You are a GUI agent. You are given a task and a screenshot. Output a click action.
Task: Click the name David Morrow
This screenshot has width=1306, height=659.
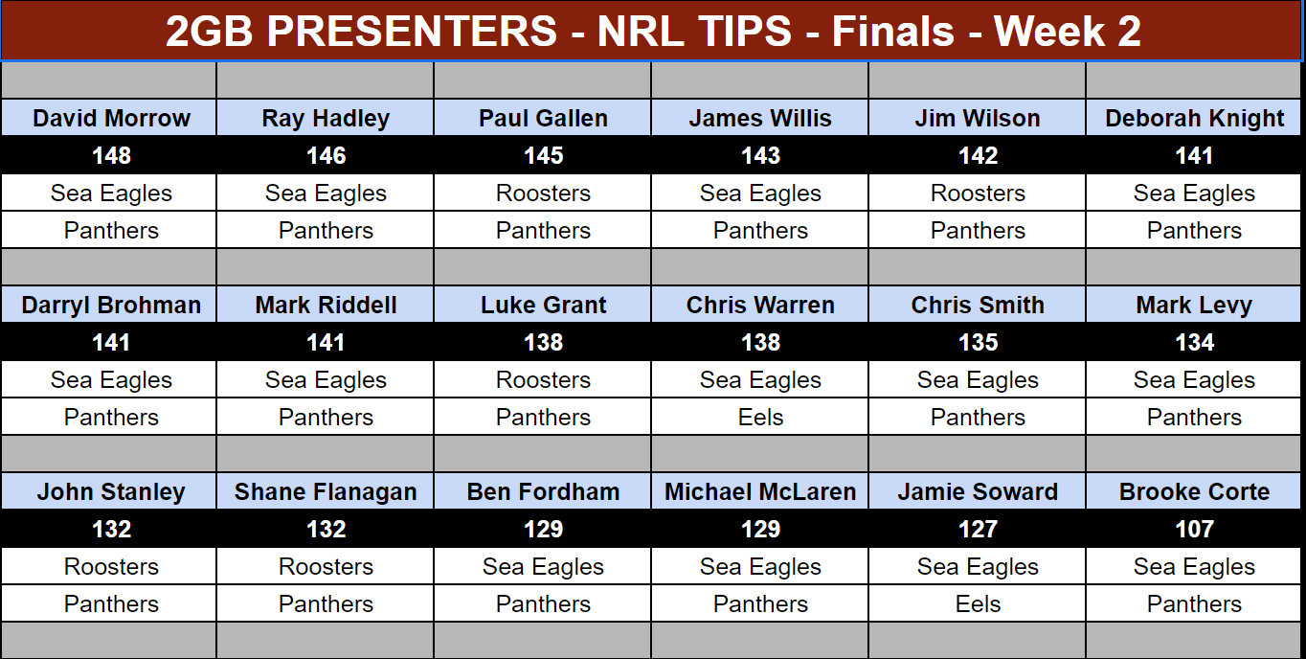click(x=111, y=119)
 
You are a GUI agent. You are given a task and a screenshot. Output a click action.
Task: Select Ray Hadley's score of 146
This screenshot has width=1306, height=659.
click(x=326, y=156)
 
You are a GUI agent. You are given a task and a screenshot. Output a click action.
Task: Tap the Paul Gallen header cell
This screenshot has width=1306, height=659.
click(x=543, y=118)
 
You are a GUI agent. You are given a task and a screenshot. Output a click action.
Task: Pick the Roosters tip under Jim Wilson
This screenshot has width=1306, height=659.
click(x=978, y=193)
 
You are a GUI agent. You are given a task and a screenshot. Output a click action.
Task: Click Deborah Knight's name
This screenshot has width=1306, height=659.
click(x=1195, y=119)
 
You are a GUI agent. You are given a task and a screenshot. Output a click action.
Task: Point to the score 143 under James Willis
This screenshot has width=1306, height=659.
click(x=760, y=156)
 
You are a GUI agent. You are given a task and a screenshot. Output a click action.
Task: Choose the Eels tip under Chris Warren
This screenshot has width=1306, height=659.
click(x=760, y=417)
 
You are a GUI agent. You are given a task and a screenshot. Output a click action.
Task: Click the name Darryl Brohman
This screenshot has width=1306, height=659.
click(x=111, y=305)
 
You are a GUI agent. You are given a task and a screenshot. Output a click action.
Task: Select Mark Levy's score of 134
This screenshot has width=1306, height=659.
click(x=1195, y=342)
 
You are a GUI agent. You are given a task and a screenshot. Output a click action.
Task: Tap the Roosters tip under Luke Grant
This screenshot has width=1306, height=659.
click(x=543, y=379)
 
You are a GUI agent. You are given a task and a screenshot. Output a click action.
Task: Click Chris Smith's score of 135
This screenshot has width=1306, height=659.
click(x=978, y=342)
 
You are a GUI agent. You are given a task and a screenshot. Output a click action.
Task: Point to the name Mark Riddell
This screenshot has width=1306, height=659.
click(x=326, y=305)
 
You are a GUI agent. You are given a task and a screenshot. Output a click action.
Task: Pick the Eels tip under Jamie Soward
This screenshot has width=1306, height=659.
click(x=978, y=603)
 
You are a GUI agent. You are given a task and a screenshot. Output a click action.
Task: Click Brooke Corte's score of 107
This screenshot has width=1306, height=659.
click(x=1195, y=529)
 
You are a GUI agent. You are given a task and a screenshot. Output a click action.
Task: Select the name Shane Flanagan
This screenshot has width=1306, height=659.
click(x=326, y=492)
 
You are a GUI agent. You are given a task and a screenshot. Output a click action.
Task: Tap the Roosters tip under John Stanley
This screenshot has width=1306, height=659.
click(x=111, y=566)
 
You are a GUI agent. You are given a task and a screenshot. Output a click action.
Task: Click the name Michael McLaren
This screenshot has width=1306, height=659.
click(x=760, y=491)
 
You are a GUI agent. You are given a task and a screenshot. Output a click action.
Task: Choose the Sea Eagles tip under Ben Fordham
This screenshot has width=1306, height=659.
click(x=543, y=566)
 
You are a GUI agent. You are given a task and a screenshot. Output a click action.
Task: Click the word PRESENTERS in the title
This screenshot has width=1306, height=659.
click(x=412, y=31)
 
